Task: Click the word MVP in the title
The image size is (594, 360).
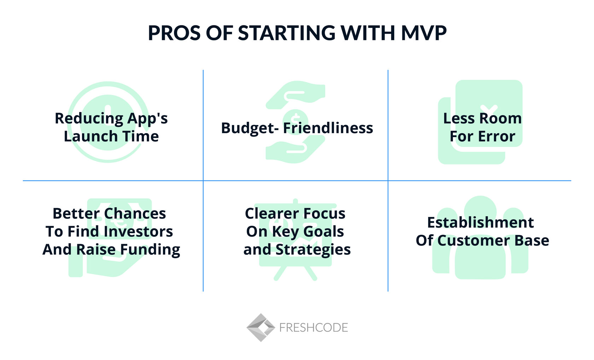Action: [424, 33]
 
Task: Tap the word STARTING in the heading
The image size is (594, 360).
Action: [286, 33]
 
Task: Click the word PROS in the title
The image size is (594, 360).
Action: [173, 33]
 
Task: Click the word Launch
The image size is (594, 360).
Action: [86, 136]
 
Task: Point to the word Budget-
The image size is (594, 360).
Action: [249, 128]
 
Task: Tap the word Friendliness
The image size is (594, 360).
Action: [328, 128]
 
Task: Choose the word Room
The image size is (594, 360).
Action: [503, 118]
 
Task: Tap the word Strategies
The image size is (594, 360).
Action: [313, 250]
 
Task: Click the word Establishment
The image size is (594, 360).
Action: [480, 223]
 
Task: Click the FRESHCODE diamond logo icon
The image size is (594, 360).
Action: [261, 327]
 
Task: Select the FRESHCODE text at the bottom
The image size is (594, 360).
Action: [313, 328]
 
